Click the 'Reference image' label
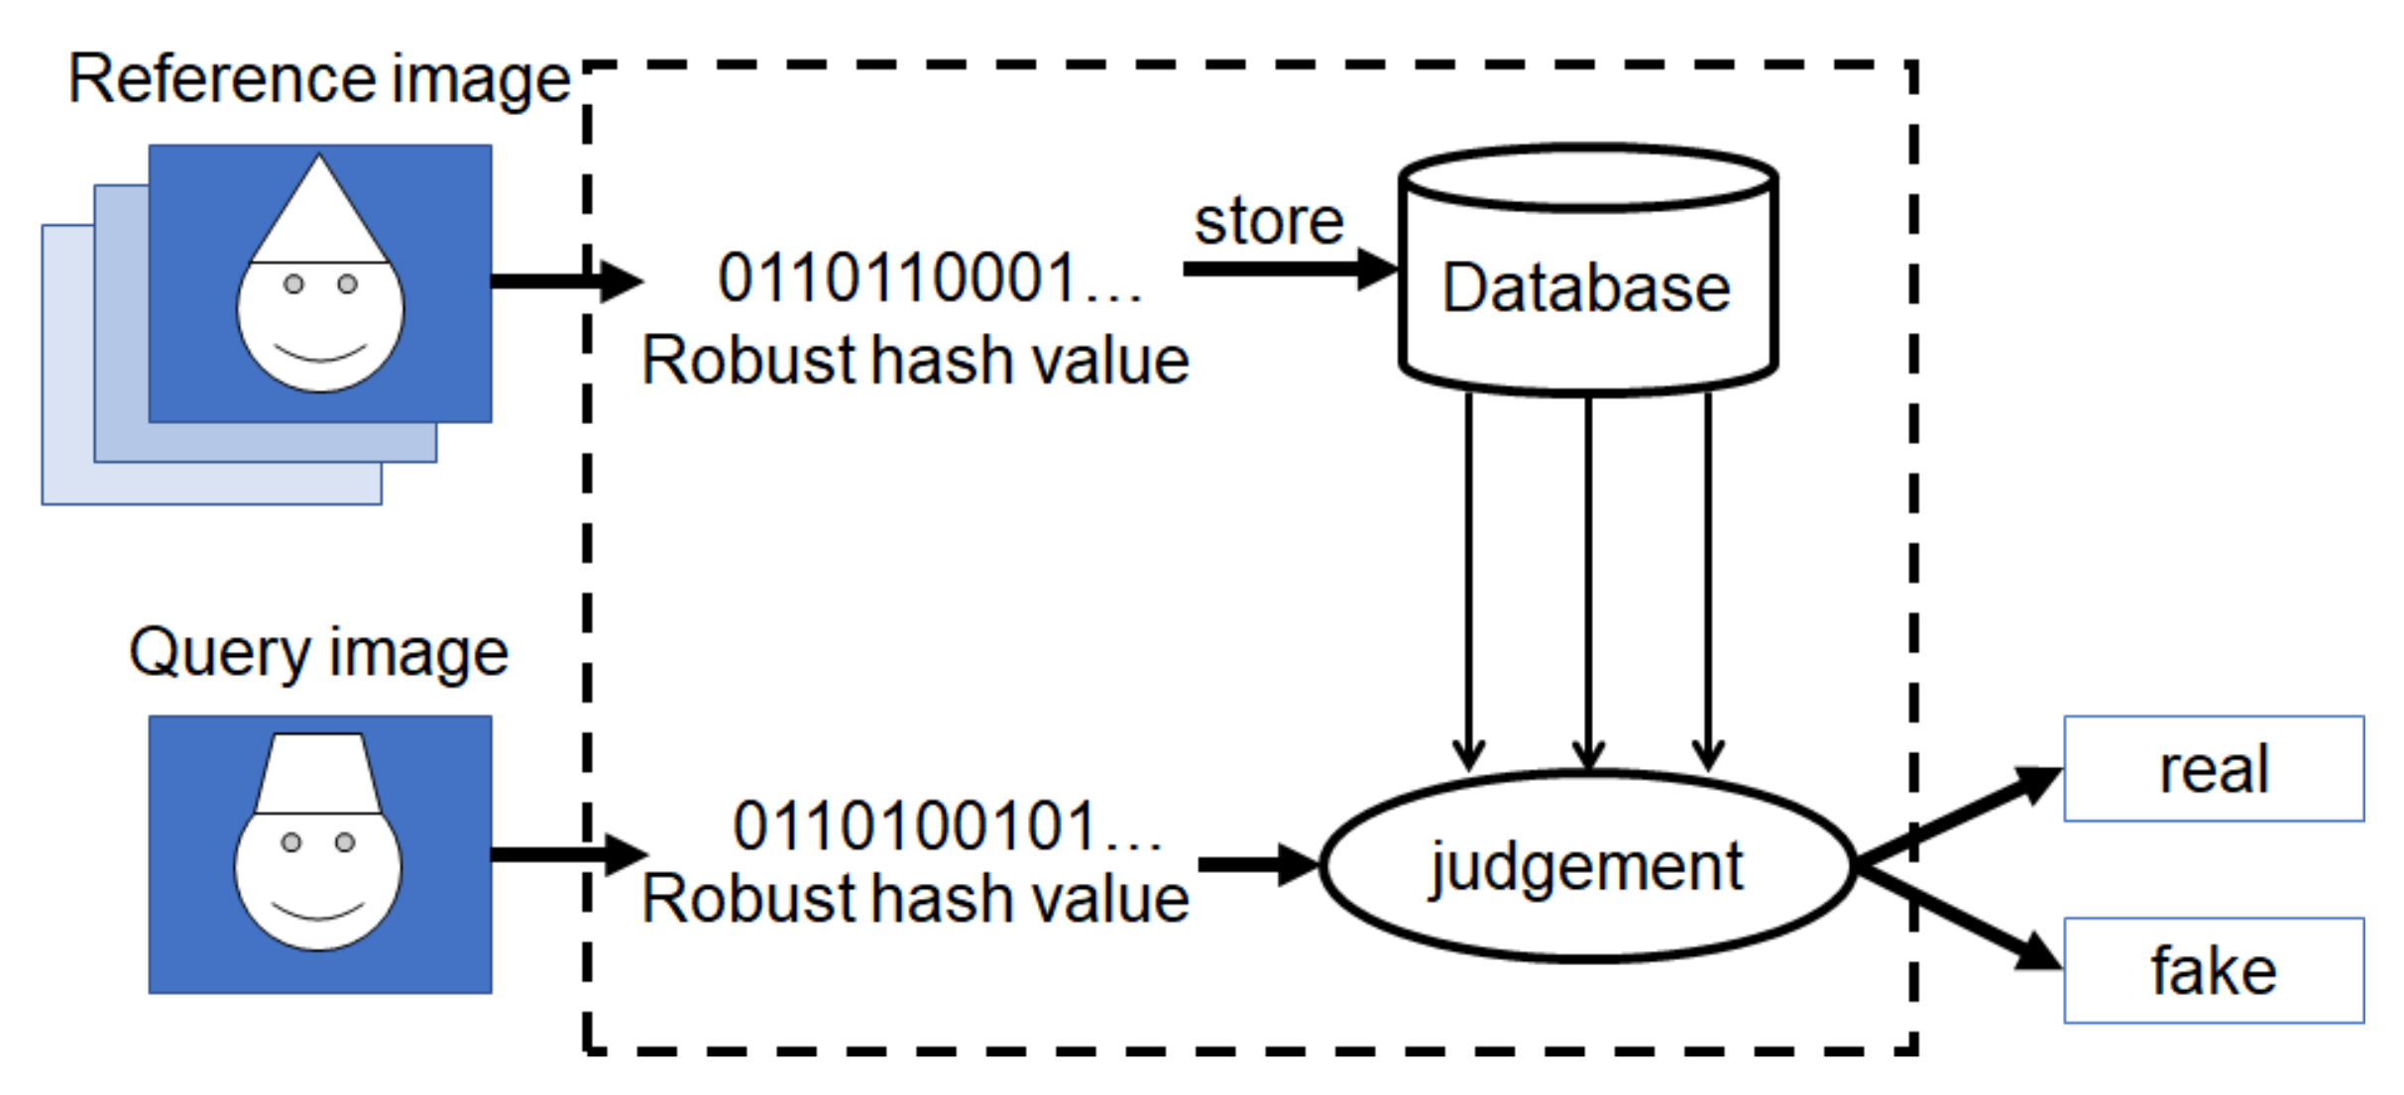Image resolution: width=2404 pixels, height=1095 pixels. pyautogui.click(x=318, y=79)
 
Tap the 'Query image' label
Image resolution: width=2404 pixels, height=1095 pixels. pyautogui.click(x=318, y=653)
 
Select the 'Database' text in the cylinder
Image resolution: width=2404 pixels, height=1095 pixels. pyautogui.click(x=1586, y=288)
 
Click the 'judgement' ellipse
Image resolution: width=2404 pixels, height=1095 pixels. pyautogui.click(x=1586, y=866)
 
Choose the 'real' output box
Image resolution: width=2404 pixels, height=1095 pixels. pyautogui.click(x=2213, y=769)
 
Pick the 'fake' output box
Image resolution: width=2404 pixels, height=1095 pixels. pyautogui.click(x=2213, y=970)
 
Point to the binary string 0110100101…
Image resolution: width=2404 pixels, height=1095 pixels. pyautogui.click(x=947, y=826)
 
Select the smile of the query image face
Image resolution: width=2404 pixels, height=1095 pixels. pyautogui.click(x=318, y=911)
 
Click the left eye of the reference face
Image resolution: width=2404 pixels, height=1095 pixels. pyautogui.click(x=293, y=284)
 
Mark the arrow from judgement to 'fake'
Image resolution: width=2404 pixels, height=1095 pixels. pyautogui.click(x=1958, y=917)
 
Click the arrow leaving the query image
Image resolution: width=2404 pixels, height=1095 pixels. pyautogui.click(x=565, y=854)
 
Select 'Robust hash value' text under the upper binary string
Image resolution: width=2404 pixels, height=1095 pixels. pyautogui.click(x=914, y=360)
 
